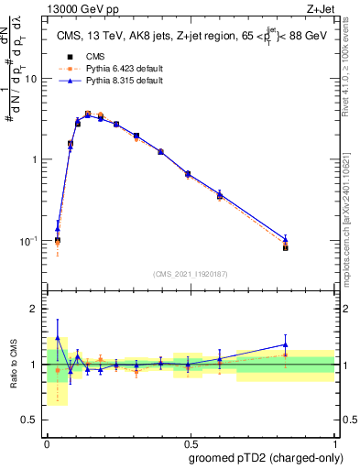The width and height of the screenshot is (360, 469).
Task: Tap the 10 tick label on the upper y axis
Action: pyautogui.click(x=30, y=78)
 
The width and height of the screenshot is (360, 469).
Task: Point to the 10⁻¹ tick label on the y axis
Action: pyautogui.click(x=27, y=240)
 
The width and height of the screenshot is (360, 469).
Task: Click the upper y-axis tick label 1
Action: pyautogui.click(x=34, y=159)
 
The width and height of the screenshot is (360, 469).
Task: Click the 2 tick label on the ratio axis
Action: pyautogui.click(x=34, y=309)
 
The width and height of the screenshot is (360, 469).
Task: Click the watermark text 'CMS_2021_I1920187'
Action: pyautogui.click(x=190, y=273)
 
